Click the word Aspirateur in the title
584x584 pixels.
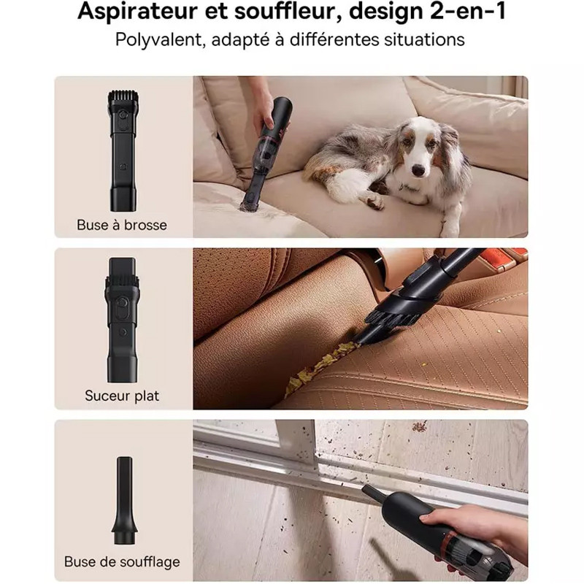137,12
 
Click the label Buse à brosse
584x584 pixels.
122,225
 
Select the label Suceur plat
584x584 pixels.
122,396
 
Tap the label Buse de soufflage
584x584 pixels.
122,561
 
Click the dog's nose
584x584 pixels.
418,171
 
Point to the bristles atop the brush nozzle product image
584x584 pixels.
123,99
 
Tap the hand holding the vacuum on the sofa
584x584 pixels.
263,109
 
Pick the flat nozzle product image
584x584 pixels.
122,320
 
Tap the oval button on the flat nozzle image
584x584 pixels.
121,302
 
